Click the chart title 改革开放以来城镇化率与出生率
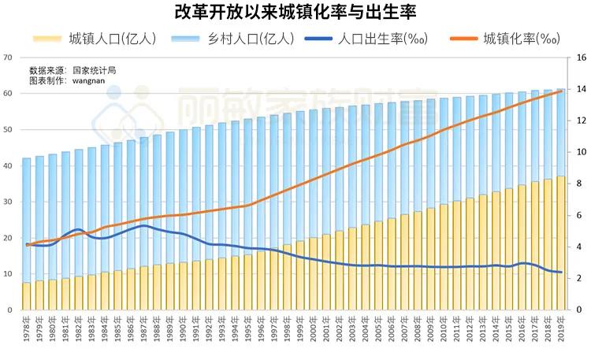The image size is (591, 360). [295, 13]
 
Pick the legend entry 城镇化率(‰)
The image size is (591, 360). [521, 38]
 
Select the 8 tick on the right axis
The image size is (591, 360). [579, 184]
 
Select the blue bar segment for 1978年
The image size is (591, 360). [27, 221]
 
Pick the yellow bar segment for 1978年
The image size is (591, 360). [27, 296]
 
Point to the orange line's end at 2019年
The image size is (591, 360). [561, 91]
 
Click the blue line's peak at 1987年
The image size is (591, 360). [143, 225]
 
